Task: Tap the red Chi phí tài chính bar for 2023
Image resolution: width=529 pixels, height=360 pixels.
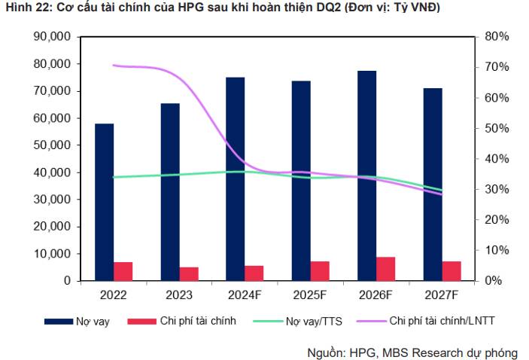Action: (189, 273)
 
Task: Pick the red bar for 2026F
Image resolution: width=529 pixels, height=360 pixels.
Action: (386, 269)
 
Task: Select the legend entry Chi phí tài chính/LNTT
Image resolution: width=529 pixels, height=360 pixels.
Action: (442, 322)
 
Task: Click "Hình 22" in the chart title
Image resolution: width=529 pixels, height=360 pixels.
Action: (26, 8)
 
